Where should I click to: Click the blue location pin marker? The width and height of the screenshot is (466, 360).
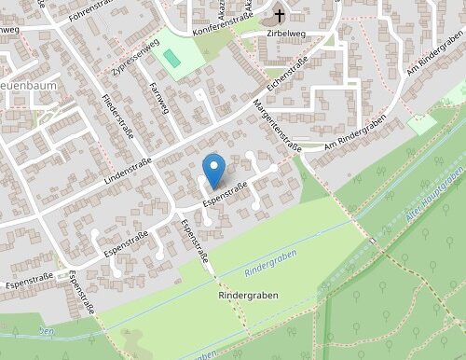214,168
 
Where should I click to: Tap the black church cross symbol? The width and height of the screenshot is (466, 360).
280,16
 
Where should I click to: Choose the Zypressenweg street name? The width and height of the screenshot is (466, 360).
121,56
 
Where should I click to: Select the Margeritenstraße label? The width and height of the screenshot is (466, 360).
276,126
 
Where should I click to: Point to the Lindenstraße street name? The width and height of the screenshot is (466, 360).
128,167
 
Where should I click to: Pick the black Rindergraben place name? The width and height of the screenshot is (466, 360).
248,294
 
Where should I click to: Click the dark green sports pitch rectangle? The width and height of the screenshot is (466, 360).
172,57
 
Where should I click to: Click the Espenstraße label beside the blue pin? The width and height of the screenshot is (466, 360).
225,193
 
